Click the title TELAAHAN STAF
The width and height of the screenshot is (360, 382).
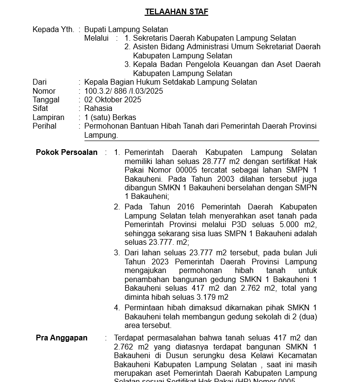pos(177,12)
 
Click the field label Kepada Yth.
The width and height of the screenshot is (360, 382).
pos(53,30)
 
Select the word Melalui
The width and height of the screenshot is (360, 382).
pos(97,38)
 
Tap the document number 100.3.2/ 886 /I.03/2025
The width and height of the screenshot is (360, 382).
pos(124,91)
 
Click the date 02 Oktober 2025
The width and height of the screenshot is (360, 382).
pos(112,100)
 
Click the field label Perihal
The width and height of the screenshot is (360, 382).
pos(45,126)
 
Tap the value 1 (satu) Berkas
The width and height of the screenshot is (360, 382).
pos(110,118)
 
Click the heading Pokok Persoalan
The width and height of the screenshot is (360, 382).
pos(67,153)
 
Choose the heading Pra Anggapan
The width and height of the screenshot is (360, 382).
pos(62,338)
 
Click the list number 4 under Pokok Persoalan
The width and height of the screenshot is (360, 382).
pos(117,308)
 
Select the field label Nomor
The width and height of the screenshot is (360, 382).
pos(44,91)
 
